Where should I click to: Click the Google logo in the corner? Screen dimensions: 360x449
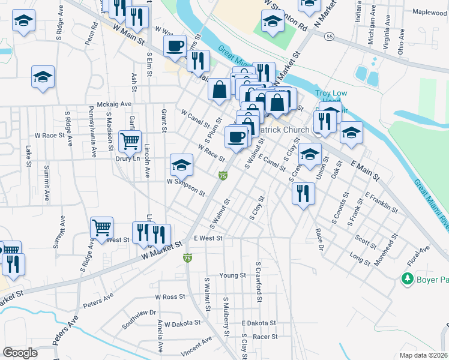point(20,353)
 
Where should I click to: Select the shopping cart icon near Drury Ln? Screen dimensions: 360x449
point(130,142)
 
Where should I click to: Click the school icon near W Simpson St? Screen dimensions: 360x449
point(181,164)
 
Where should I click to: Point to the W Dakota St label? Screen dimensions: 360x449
point(182,323)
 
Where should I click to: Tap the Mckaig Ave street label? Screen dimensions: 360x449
point(110,104)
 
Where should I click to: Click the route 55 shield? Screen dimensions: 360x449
point(330,37)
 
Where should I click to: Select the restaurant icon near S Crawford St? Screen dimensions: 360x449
point(303,193)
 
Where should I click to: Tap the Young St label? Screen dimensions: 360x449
point(233,275)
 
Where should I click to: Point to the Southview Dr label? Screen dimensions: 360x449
point(139,313)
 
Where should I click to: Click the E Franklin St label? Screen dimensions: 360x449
point(381,203)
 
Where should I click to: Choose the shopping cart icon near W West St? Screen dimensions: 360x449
point(102,228)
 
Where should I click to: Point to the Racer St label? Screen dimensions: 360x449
point(265,337)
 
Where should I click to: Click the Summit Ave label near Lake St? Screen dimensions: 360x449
point(46,174)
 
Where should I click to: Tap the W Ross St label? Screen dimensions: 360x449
point(169,297)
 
